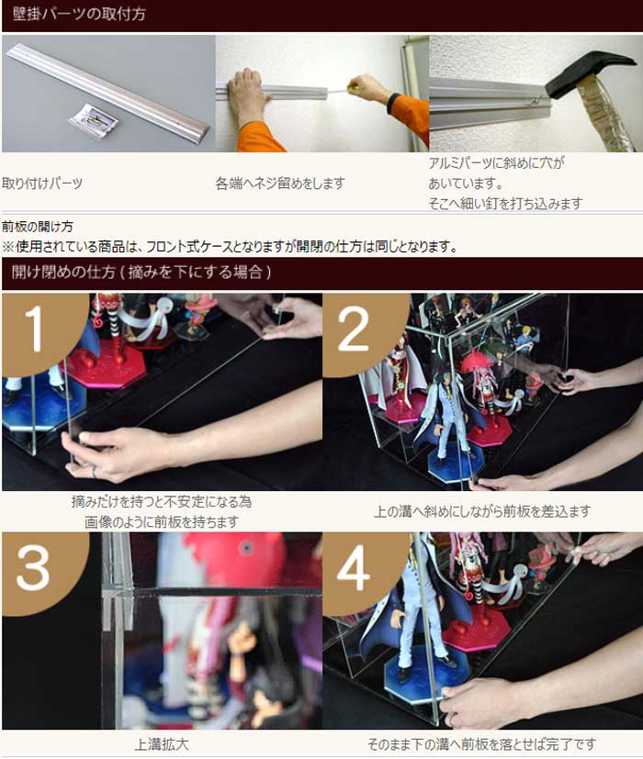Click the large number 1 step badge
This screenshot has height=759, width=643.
39,329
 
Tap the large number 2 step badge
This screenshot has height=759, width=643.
358,330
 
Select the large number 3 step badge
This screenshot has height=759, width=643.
39,569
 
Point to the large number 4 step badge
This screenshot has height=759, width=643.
359,569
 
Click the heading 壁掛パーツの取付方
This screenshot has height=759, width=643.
79,14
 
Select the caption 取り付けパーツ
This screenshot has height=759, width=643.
42,184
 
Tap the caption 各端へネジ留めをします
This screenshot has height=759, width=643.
280,184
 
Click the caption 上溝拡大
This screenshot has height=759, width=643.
162,744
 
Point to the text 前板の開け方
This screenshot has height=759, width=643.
38,227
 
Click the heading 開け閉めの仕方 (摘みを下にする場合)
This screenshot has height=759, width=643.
141,272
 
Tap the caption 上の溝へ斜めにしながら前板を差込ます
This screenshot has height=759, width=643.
482,511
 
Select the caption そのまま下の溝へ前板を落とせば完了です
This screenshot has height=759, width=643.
481,744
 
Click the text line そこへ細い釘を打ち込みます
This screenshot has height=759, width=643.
505,204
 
